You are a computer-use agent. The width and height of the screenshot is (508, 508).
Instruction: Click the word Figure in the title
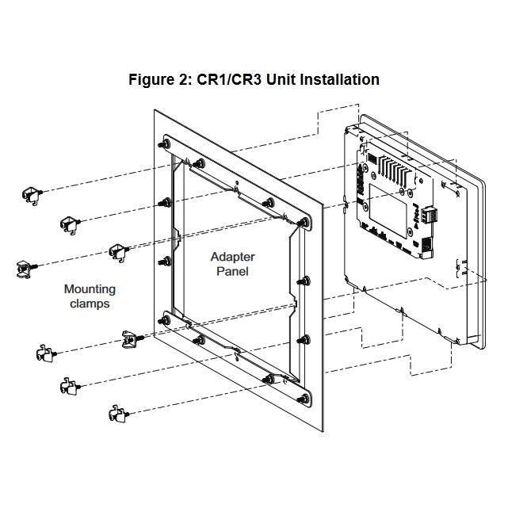[151, 80]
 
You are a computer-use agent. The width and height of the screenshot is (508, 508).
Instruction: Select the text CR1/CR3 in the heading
[229, 80]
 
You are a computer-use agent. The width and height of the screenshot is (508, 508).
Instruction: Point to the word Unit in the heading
[281, 80]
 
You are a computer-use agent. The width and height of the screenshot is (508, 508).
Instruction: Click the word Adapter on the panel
[233, 258]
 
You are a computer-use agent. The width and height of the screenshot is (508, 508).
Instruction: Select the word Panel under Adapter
[233, 271]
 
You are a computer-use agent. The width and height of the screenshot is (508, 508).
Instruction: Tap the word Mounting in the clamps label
[90, 289]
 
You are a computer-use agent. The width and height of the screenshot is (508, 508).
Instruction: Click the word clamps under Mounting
[90, 304]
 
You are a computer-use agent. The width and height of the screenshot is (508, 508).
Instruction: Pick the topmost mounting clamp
[32, 196]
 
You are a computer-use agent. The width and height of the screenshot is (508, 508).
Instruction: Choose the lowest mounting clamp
[119, 414]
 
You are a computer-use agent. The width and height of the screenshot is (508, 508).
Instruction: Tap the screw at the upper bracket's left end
[165, 144]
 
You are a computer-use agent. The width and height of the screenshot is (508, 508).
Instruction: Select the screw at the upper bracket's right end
[303, 222]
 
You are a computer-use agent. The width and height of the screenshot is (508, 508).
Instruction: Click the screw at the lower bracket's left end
[165, 321]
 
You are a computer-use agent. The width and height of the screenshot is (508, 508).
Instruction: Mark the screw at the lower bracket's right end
[304, 399]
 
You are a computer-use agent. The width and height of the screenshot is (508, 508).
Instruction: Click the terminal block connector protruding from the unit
[430, 214]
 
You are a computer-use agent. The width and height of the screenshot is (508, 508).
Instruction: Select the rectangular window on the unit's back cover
[388, 211]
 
